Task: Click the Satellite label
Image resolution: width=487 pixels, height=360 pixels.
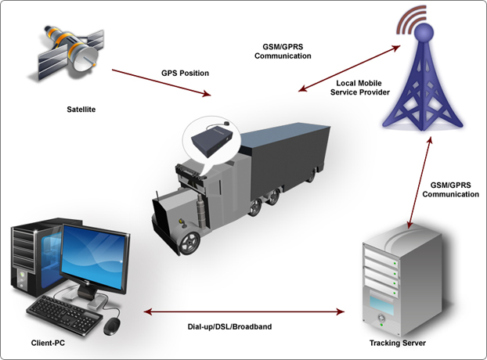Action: point(81,110)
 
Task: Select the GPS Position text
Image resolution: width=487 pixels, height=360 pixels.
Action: point(185,74)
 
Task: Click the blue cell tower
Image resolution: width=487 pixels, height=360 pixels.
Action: point(423,86)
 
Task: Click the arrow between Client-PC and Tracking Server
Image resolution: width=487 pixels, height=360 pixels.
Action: point(243,312)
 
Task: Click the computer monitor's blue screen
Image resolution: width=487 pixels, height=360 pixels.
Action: point(96,257)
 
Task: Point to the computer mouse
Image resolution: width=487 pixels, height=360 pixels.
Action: point(113,323)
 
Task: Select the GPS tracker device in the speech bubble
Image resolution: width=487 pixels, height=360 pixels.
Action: point(212,142)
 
